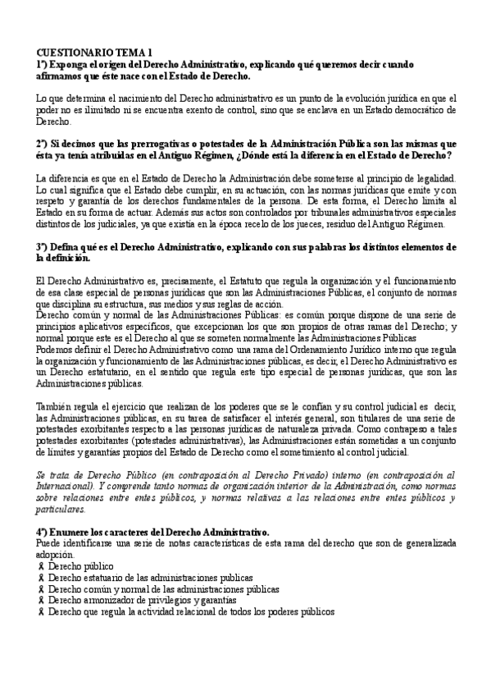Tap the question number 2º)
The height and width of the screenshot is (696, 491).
43,142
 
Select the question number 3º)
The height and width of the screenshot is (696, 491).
43,245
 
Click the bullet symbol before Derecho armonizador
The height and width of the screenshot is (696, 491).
41,601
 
